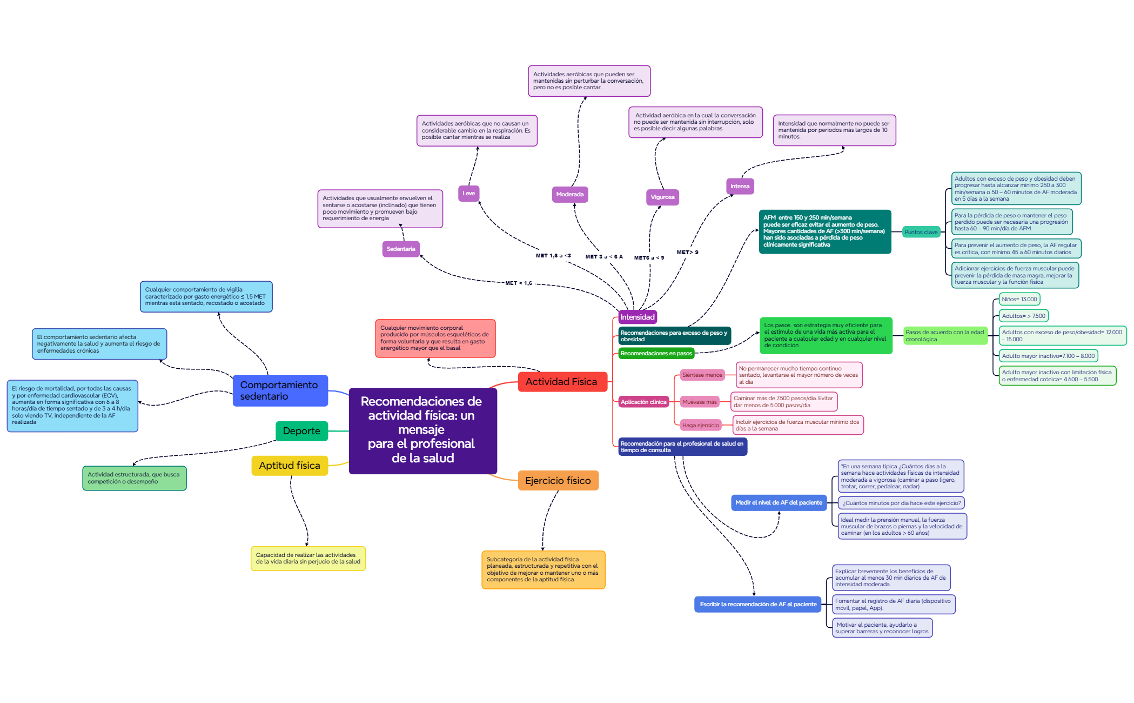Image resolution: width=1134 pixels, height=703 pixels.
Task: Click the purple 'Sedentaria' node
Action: click(401, 249)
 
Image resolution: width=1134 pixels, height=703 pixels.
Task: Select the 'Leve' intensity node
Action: click(469, 193)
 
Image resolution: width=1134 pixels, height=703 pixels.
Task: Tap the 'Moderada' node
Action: click(570, 194)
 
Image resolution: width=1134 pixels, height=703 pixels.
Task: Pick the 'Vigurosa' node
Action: click(662, 197)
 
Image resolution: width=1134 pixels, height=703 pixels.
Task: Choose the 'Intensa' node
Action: click(740, 186)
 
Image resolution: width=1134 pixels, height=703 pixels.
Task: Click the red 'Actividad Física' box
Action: click(562, 382)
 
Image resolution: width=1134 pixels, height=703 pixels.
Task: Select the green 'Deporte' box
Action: click(302, 431)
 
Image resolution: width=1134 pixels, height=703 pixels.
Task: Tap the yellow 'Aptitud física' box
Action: click(290, 466)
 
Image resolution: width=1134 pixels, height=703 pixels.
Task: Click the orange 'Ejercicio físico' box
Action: click(558, 481)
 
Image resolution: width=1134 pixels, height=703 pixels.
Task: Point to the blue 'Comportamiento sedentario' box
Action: click(280, 390)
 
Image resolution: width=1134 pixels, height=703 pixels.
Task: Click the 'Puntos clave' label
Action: click(921, 232)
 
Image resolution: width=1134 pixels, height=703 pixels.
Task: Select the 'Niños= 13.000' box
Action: click(1019, 299)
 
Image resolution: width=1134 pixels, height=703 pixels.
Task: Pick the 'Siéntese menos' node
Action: click(702, 375)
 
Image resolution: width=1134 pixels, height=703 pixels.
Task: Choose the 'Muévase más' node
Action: click(700, 402)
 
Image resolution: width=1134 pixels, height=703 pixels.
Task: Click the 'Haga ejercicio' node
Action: click(701, 425)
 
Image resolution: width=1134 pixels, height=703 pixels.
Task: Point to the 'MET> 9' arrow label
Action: click(687, 252)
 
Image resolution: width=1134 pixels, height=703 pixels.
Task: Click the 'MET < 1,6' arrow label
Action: click(519, 283)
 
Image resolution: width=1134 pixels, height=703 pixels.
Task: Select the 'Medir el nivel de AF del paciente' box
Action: click(779, 503)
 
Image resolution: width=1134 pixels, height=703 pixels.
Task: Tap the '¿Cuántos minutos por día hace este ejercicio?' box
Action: click(902, 503)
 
